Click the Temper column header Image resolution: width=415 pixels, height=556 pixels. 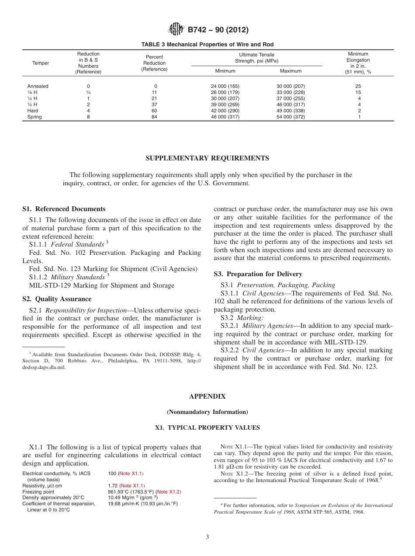(x=41, y=63)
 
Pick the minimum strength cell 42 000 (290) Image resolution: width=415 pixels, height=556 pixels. (x=225, y=111)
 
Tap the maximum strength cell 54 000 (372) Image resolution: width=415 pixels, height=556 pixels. (x=290, y=117)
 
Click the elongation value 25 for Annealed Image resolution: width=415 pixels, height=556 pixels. (x=358, y=86)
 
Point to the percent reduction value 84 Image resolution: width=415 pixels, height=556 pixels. (x=154, y=117)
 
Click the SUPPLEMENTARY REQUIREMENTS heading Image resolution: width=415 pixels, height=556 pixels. (x=207, y=158)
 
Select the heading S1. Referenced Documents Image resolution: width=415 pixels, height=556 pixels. (x=64, y=209)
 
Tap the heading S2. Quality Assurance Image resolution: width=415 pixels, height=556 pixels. (x=57, y=299)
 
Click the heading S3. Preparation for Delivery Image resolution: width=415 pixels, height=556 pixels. (x=258, y=274)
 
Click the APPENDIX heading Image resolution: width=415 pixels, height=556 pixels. (x=207, y=396)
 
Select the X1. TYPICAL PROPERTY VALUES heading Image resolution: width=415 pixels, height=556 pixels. (x=207, y=427)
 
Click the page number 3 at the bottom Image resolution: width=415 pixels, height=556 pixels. (x=207, y=537)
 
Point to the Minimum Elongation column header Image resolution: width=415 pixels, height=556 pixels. (x=358, y=63)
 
